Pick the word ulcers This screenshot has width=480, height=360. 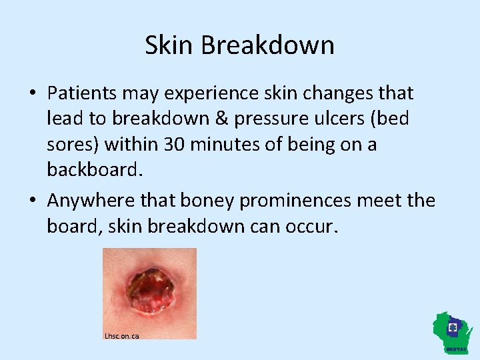pyautogui.click(x=319, y=119)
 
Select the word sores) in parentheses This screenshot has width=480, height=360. pyautogui.click(x=74, y=145)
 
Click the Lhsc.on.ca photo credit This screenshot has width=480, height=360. pyautogui.click(x=122, y=336)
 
